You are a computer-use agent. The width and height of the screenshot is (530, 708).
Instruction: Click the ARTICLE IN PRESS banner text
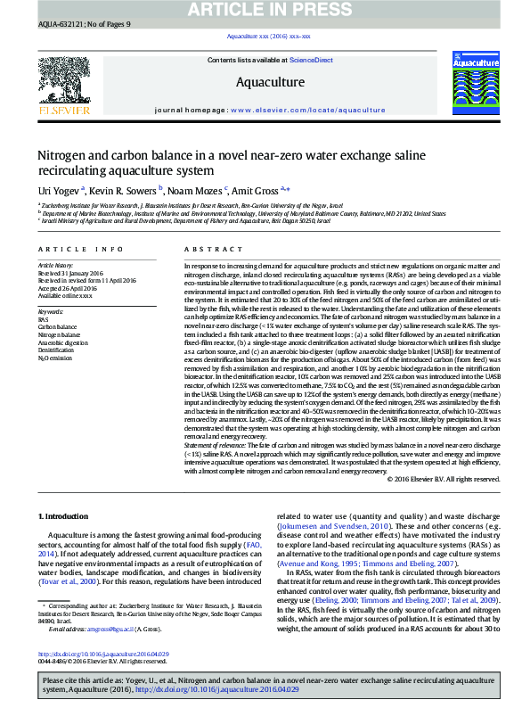[265, 10]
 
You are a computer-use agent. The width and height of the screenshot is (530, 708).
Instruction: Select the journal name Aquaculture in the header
[270, 82]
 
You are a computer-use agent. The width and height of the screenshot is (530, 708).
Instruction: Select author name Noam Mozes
[197, 189]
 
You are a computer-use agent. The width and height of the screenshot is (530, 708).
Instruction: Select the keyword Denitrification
[55, 351]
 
